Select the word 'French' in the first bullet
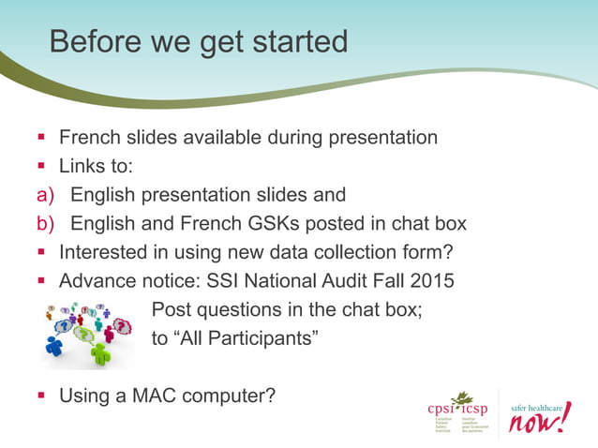click(90, 138)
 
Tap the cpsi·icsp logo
click(456, 411)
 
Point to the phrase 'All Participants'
click(247, 336)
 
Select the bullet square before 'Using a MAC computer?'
click(42, 396)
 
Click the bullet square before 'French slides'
click(42, 139)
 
